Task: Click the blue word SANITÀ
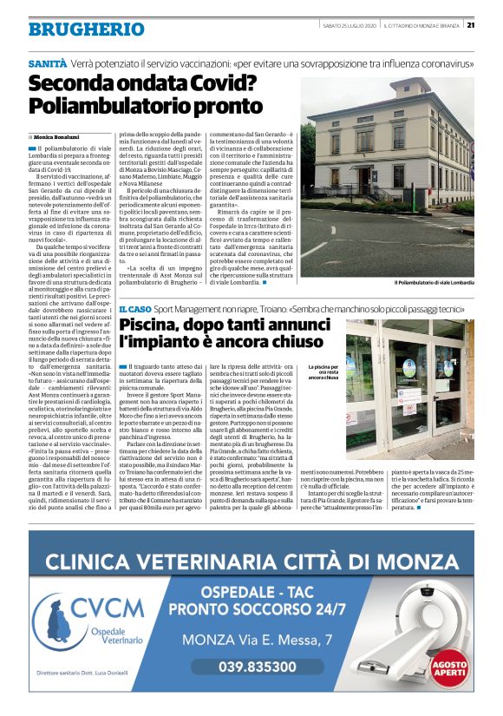click(x=47, y=64)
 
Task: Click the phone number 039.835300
click(x=257, y=667)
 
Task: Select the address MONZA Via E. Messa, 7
click(x=257, y=640)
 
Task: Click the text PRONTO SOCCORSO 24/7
click(x=257, y=608)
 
